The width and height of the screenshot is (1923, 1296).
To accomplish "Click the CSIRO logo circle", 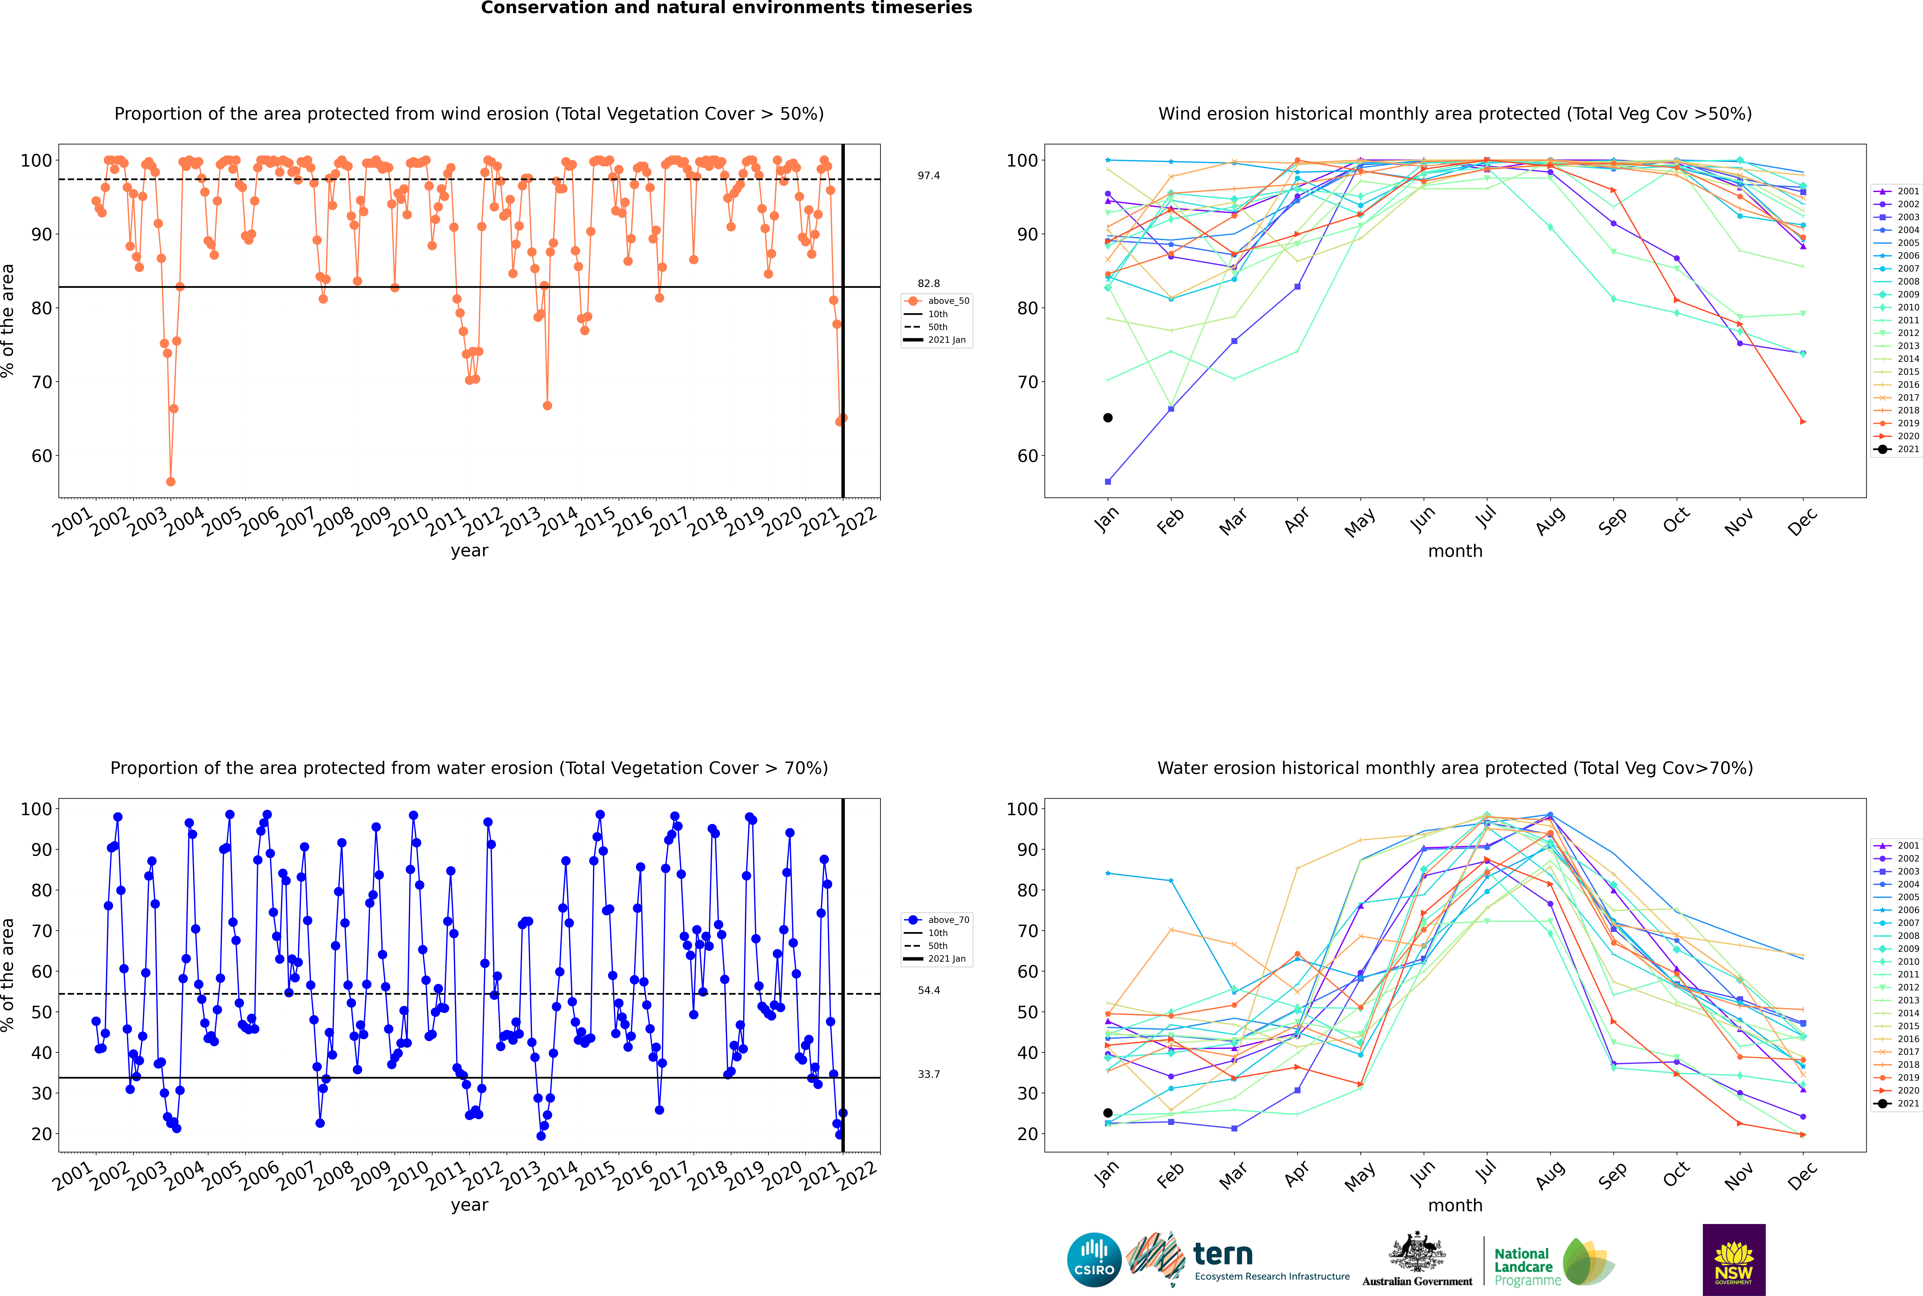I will tap(1094, 1260).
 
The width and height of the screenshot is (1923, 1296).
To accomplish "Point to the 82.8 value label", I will tap(928, 283).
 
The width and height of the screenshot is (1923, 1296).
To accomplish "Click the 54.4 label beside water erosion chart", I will tap(928, 990).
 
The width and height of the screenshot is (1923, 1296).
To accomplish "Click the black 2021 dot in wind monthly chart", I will tap(1108, 417).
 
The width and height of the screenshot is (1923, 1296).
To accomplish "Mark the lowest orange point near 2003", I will tap(170, 482).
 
